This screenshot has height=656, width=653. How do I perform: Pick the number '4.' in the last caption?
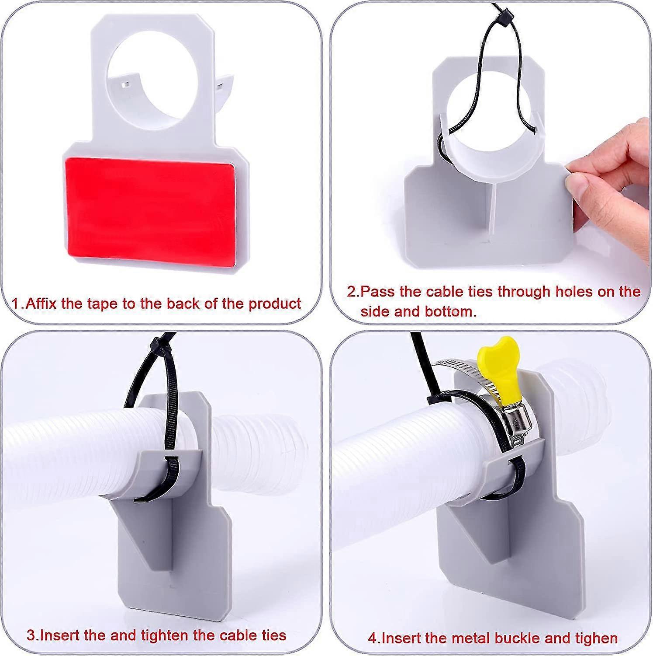[374, 638]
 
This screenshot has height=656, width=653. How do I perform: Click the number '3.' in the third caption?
[33, 635]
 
